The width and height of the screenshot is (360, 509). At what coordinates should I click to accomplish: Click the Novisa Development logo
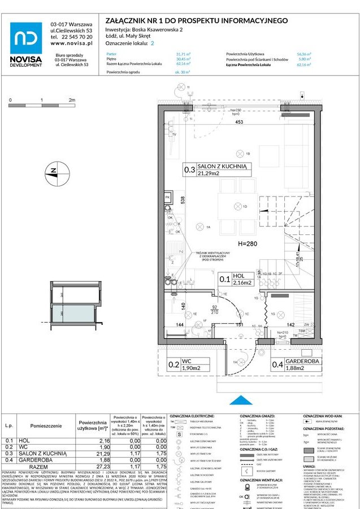(x=26, y=45)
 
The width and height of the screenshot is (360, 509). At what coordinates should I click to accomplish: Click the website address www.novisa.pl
(x=71, y=43)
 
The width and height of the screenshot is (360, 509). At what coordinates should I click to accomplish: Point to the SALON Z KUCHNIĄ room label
(x=222, y=167)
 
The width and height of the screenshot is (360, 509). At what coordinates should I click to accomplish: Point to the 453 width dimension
(x=239, y=121)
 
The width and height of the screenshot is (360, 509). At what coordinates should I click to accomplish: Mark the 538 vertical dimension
(x=183, y=201)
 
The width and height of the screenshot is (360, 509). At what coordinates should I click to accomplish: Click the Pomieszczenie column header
(x=46, y=426)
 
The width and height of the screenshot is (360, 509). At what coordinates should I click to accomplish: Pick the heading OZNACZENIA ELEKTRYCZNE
(x=192, y=415)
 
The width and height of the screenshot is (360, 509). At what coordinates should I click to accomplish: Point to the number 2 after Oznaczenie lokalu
(x=151, y=43)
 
